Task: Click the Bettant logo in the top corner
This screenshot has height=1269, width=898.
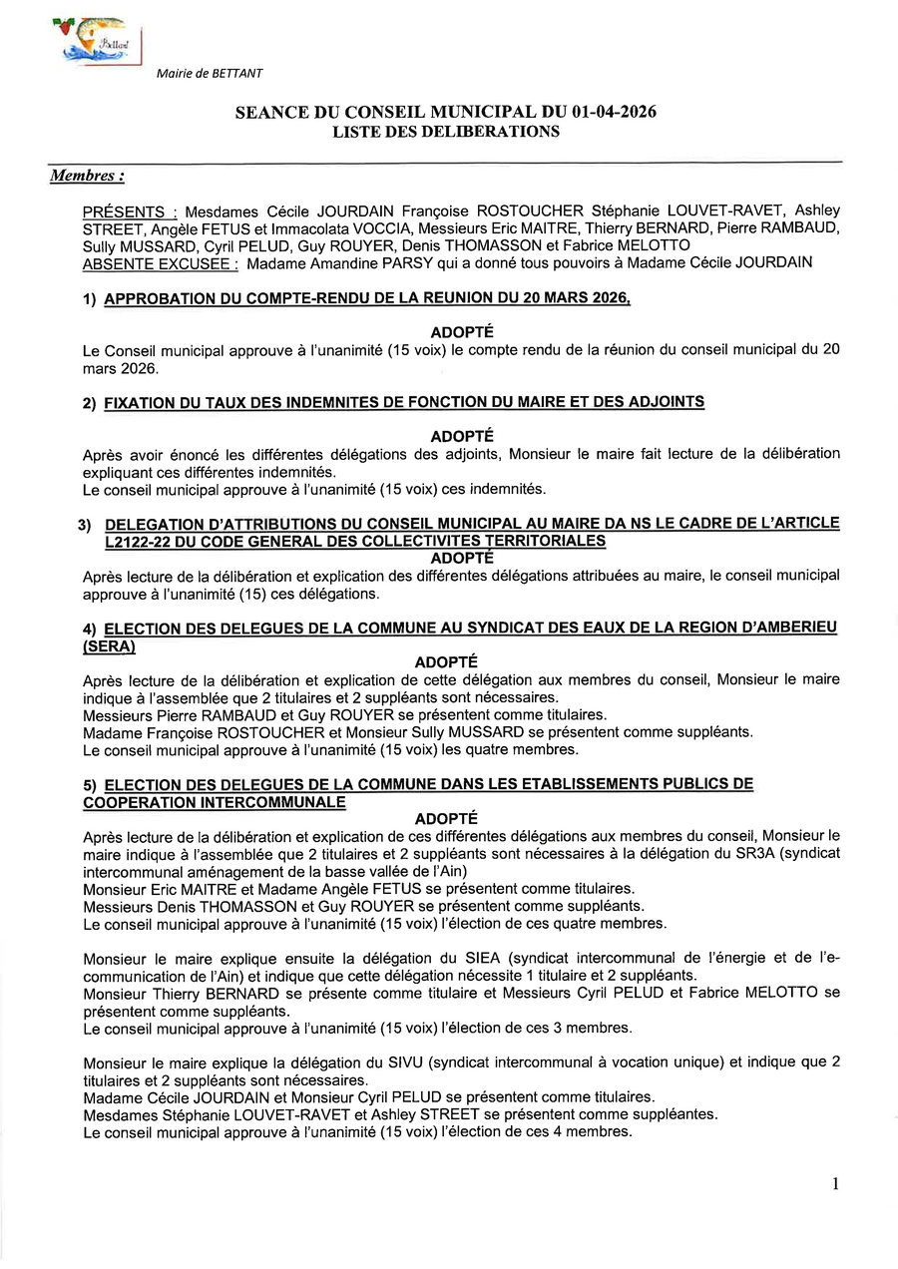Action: (97, 41)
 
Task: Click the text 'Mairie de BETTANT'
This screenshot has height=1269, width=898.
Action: (210, 73)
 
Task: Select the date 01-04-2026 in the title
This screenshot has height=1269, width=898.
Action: (613, 112)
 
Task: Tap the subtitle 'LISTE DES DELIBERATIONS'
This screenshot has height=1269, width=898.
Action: (446, 131)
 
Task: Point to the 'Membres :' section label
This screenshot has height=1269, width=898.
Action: (87, 176)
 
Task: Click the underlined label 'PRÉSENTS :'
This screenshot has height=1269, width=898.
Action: (130, 211)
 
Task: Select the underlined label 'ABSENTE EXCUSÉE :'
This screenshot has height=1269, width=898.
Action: (160, 262)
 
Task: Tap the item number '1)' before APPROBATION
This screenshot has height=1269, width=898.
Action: (90, 299)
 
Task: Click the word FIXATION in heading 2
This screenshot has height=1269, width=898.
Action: (142, 402)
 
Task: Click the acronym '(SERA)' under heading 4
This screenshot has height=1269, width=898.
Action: (109, 646)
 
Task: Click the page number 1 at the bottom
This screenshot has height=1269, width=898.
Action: (835, 1184)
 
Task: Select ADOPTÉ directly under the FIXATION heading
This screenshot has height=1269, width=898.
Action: (462, 436)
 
